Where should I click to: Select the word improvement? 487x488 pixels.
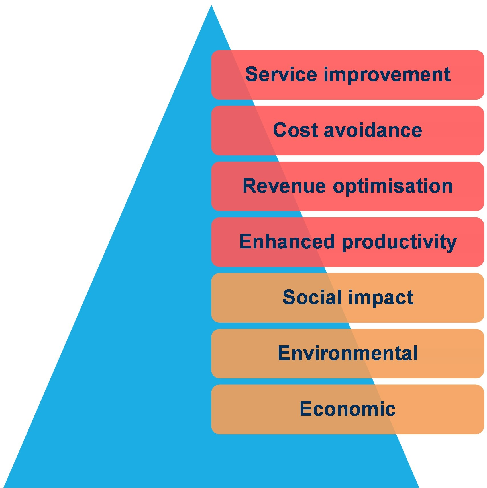[387, 75]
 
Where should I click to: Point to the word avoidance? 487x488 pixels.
[373, 130]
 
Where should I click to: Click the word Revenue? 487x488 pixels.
[284, 186]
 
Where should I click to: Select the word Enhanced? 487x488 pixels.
[287, 242]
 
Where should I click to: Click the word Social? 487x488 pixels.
[312, 298]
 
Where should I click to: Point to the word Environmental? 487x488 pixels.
[348, 353]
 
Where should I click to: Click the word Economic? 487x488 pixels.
[348, 409]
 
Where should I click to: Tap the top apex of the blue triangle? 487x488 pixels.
[211, 5]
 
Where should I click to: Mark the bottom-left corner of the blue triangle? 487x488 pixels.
[3, 487]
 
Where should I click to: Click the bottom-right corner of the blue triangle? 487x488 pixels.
[419, 487]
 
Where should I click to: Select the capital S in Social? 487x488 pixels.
[289, 298]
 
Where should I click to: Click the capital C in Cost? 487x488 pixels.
[280, 130]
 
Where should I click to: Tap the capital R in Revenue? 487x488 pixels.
[250, 186]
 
